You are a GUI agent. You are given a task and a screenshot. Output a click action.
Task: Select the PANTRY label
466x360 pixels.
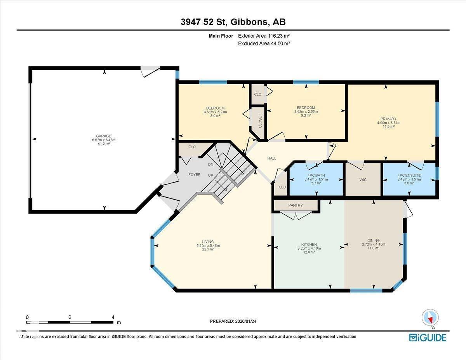296,205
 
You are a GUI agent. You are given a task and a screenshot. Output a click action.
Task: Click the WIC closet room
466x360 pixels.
363,180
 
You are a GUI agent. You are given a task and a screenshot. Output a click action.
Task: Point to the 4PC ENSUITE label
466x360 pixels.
409,176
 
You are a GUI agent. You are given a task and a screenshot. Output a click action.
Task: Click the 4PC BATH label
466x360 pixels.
315,176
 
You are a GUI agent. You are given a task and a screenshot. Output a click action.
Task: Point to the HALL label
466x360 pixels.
272,158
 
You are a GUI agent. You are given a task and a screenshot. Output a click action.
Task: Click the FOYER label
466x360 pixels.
194,175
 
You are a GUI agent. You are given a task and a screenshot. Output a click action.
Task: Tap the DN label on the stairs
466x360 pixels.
211,165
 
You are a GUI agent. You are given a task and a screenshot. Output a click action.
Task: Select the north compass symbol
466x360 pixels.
430,318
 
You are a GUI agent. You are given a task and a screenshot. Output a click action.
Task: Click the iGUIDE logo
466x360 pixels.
428,337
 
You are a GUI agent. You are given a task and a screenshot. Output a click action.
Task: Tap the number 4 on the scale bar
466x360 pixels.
113,317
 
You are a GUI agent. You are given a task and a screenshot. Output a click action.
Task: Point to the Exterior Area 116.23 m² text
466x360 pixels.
264,36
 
